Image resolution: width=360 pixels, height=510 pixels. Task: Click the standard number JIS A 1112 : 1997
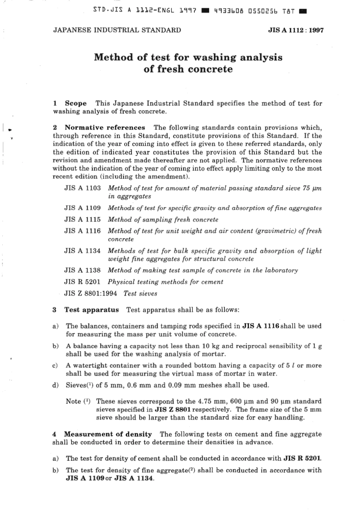click(296, 30)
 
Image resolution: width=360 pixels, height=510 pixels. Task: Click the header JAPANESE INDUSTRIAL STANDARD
click(117, 30)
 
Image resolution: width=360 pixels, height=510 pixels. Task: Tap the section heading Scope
click(75, 103)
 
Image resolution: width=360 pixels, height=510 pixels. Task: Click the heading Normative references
click(105, 127)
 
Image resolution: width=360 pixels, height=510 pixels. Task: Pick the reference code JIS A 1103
click(82, 188)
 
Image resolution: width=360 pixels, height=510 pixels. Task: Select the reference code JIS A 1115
click(82, 220)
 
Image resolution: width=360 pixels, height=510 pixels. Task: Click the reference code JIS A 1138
click(82, 270)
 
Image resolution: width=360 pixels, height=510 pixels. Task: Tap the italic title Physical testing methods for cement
click(165, 282)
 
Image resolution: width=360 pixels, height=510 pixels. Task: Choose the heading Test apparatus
click(91, 310)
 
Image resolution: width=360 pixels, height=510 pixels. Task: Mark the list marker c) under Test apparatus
click(55, 366)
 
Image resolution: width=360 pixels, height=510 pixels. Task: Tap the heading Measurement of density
click(108, 434)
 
